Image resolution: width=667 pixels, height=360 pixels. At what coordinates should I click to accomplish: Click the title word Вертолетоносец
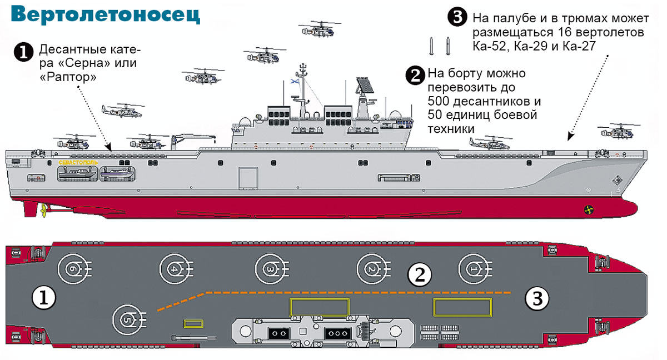(106, 16)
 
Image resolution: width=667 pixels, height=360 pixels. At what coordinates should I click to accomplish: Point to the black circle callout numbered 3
(456, 18)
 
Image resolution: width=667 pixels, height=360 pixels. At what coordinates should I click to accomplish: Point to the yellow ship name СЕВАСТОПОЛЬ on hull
(78, 162)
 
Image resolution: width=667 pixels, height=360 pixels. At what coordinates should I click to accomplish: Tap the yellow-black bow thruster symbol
(588, 209)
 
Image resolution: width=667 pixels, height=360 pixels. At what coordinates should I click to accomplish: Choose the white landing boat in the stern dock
(77, 173)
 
